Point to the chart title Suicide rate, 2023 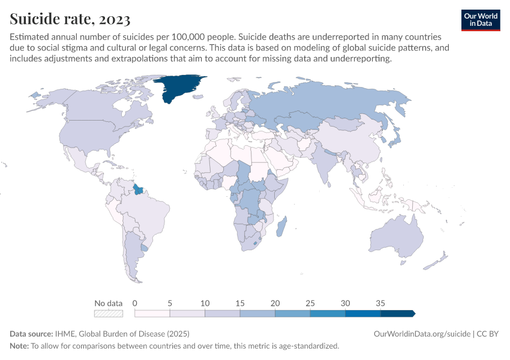point(70,20)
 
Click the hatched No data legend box point(109,313)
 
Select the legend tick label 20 point(275,303)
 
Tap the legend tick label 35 point(380,303)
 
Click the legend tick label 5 point(170,303)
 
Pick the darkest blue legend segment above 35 point(397,313)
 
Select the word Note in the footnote point(19,346)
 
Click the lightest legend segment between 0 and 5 point(152,313)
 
